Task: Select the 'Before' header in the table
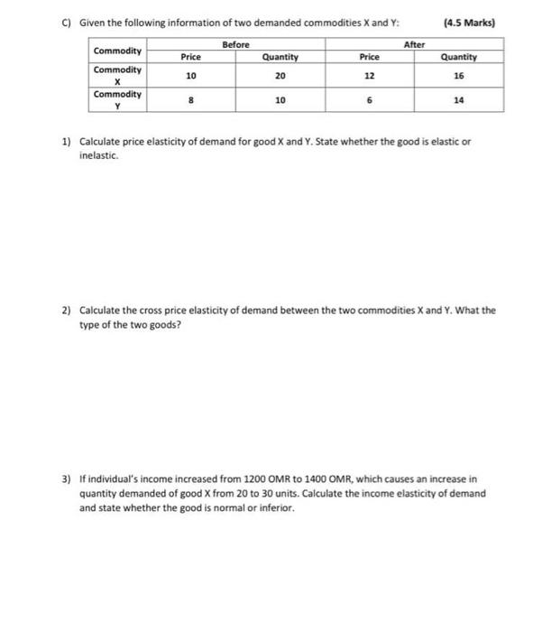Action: click(234, 43)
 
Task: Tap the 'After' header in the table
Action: click(414, 43)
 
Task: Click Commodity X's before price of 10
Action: click(190, 77)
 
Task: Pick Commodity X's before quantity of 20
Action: click(280, 77)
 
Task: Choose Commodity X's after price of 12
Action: click(369, 77)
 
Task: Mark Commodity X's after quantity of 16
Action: click(459, 77)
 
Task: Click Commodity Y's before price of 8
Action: click(190, 101)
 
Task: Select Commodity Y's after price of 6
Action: click(369, 101)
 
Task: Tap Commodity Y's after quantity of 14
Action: click(459, 101)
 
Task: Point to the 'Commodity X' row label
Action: click(117, 76)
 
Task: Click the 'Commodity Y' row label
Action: click(117, 100)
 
